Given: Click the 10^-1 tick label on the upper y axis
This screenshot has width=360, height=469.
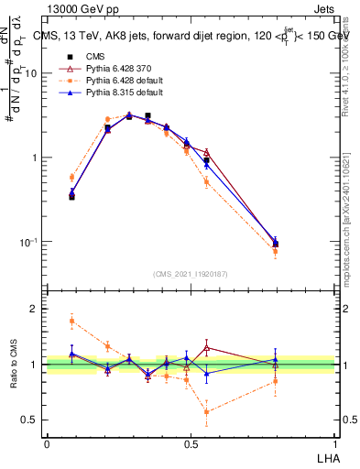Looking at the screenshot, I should pos(30,242).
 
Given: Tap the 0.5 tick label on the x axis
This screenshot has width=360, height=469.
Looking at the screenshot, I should pos(191,444).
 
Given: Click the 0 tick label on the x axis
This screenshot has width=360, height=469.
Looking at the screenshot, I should pos(47,444).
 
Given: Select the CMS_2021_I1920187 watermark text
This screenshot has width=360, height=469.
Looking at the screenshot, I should pos(191,273).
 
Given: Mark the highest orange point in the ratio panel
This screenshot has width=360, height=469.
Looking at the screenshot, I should pos(72,321).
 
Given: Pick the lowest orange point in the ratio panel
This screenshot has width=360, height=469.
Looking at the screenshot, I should pos(207,412).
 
